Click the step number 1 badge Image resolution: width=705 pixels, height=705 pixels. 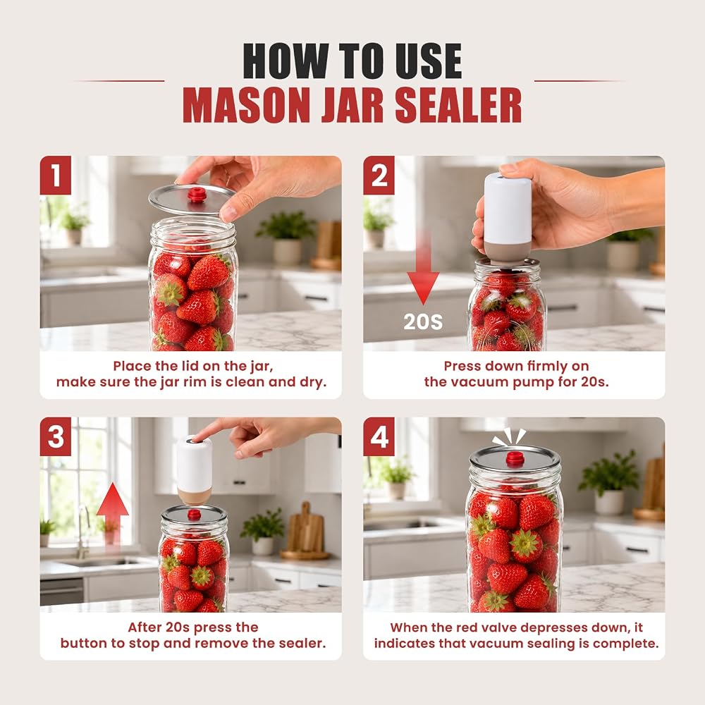click(x=56, y=176)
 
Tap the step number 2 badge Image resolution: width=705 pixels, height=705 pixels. click(x=379, y=176)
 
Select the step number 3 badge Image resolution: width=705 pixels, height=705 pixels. click(x=56, y=436)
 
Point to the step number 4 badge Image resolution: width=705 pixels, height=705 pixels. click(x=379, y=436)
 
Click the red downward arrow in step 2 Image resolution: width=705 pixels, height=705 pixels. click(x=423, y=270)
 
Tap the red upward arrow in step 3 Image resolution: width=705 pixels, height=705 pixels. click(x=112, y=513)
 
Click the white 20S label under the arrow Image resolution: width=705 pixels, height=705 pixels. click(x=423, y=322)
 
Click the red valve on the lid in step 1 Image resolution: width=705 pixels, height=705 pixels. click(x=197, y=195)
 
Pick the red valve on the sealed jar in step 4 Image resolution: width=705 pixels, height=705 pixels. click(x=515, y=459)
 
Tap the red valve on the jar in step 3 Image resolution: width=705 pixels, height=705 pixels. click(x=195, y=515)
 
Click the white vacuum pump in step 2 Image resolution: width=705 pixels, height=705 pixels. click(x=507, y=218)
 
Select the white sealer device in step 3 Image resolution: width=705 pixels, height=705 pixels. click(x=195, y=470)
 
